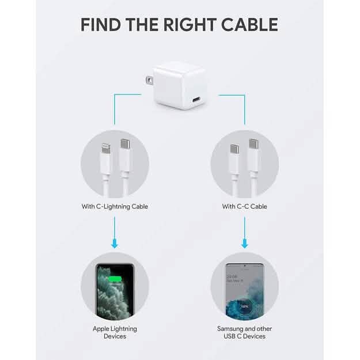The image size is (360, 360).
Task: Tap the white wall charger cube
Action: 179,86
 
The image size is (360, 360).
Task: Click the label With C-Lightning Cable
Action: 115,206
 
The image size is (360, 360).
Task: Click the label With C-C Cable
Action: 244,206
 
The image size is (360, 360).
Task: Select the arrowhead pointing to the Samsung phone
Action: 244,244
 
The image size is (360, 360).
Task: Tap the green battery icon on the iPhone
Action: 115,280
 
